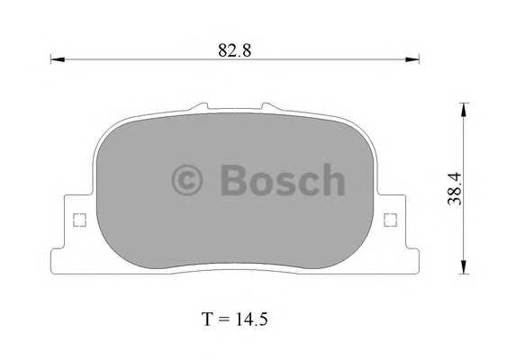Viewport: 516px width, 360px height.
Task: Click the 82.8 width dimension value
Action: pos(234,50)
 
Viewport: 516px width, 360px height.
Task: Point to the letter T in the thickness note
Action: pos(207,319)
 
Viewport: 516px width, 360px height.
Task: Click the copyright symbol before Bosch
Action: pos(188,180)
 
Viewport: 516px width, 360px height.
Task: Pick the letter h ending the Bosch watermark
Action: pos(332,180)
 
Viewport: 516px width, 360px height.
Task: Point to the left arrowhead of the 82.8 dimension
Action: pos(54,60)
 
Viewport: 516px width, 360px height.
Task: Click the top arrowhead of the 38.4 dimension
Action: pos(463,109)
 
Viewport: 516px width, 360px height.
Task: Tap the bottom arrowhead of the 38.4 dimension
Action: pos(463,267)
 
